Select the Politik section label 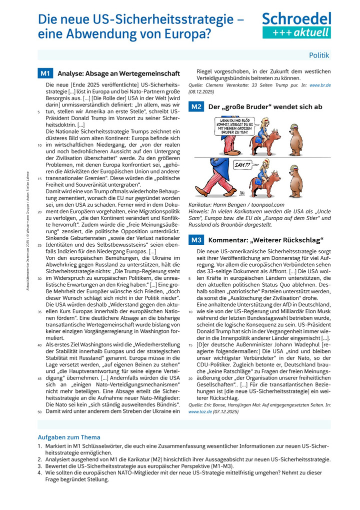coord(318,55)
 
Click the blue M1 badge coord(45,74)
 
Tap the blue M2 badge coord(196,107)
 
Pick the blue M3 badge coord(196,240)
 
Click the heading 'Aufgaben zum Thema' coord(69,437)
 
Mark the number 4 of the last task coord(40,472)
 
